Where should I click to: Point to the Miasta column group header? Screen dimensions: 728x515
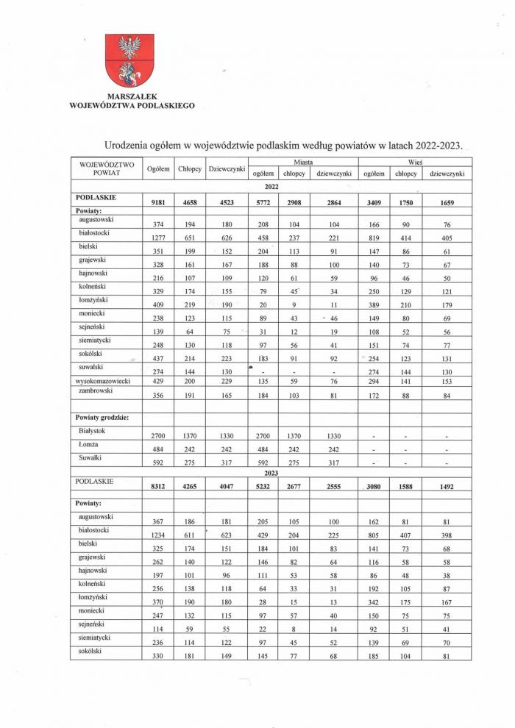point(303,160)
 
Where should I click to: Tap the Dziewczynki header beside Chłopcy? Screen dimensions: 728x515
point(227,169)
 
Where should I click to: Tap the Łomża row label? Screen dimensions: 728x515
point(88,443)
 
